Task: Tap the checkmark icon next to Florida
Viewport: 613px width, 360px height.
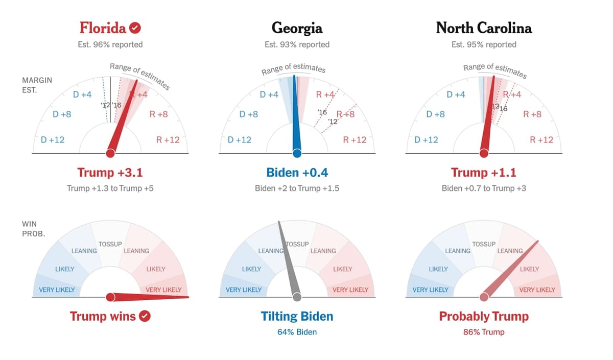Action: click(135, 28)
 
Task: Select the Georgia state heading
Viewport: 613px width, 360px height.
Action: click(297, 28)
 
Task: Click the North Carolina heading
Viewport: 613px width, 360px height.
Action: click(484, 28)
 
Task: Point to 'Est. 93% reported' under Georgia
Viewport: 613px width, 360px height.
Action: click(297, 44)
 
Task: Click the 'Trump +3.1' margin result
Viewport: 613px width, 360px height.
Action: click(110, 173)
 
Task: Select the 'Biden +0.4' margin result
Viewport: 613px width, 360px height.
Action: click(297, 173)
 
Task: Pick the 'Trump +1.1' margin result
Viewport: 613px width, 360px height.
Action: click(484, 173)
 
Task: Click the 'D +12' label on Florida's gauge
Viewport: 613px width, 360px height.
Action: click(53, 139)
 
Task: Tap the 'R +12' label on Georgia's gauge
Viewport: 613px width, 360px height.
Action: click(355, 139)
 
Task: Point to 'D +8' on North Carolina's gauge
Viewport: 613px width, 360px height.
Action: click(435, 114)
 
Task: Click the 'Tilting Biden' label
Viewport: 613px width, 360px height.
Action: click(297, 316)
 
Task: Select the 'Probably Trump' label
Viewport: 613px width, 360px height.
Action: click(484, 316)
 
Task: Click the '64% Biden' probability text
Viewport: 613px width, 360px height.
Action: click(297, 332)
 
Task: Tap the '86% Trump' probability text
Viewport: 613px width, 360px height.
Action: click(484, 332)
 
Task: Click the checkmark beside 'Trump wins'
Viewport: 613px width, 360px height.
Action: click(145, 316)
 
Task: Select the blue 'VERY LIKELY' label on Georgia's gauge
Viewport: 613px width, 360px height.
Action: click(244, 290)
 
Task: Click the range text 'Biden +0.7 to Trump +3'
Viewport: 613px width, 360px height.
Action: click(484, 188)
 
